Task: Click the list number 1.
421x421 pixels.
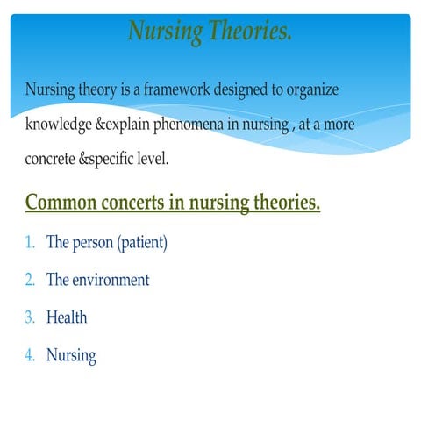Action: coord(30,242)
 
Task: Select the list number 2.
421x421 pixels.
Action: coord(30,281)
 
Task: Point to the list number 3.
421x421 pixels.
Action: coord(30,318)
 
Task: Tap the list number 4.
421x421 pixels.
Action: coord(30,356)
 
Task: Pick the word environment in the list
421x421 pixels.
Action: coord(111,281)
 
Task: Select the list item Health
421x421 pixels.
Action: coord(67,318)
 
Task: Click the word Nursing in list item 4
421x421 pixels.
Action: coord(71,356)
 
